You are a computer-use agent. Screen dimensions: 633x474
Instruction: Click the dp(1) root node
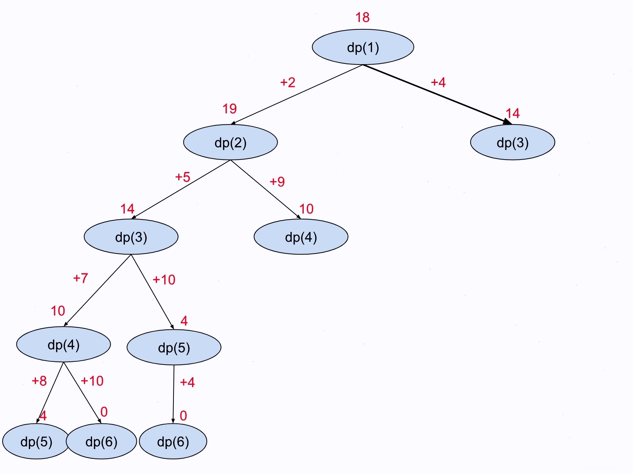pos(363,47)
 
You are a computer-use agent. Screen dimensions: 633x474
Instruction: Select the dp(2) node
pos(230,142)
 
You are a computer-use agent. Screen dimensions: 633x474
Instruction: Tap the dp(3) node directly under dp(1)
pos(512,142)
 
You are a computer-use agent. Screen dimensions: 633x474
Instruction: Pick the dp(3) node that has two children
pos(131,237)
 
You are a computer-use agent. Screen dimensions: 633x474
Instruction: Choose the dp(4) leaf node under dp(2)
pos(301,237)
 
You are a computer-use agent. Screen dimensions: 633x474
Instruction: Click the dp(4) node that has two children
pos(63,344)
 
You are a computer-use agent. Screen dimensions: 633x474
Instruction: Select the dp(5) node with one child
pos(174,347)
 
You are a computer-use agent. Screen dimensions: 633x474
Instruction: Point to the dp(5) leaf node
pos(36,441)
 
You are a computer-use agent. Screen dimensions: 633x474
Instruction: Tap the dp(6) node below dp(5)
pos(173,441)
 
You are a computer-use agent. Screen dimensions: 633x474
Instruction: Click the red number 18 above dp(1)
pos(362,17)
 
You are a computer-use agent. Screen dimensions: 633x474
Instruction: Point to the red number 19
pos(230,109)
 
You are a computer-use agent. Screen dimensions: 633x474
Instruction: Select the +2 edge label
pos(288,82)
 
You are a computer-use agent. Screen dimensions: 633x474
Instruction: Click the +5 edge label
pos(183,177)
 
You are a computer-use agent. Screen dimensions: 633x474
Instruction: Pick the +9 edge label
pos(277,182)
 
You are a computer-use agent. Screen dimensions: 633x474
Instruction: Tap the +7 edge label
pos(80,278)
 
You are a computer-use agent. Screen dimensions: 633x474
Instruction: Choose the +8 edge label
pos(39,381)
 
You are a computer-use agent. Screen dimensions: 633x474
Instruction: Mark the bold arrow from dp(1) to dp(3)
pos(437,94)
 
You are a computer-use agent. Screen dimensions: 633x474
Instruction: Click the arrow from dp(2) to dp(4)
pos(266,189)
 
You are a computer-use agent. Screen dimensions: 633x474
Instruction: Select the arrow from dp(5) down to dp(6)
pos(173,394)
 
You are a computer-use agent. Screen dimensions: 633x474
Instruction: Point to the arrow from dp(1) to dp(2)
pos(297,95)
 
